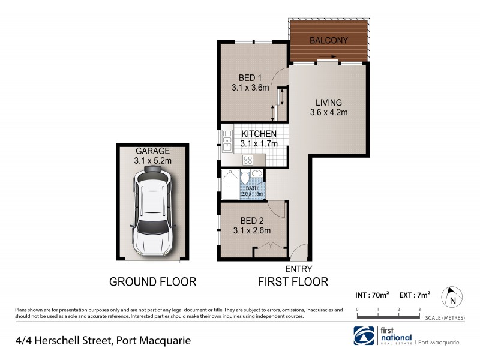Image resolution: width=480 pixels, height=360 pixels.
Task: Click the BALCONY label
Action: click(328, 41)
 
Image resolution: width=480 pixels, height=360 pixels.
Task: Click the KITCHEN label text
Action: click(259, 134)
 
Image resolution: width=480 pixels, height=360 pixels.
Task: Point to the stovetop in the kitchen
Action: click(248, 160)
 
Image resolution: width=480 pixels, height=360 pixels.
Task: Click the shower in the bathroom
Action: click(229, 184)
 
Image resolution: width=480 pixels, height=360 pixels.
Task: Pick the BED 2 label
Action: click(251, 220)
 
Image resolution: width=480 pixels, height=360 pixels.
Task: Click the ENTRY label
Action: click(298, 269)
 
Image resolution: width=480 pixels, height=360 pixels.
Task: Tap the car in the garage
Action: click(152, 210)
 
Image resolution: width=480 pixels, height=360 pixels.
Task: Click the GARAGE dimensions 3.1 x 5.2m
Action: click(152, 160)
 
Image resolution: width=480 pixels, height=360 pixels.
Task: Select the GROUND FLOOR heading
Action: click(152, 281)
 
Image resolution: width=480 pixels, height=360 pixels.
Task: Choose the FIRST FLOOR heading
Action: click(293, 281)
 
